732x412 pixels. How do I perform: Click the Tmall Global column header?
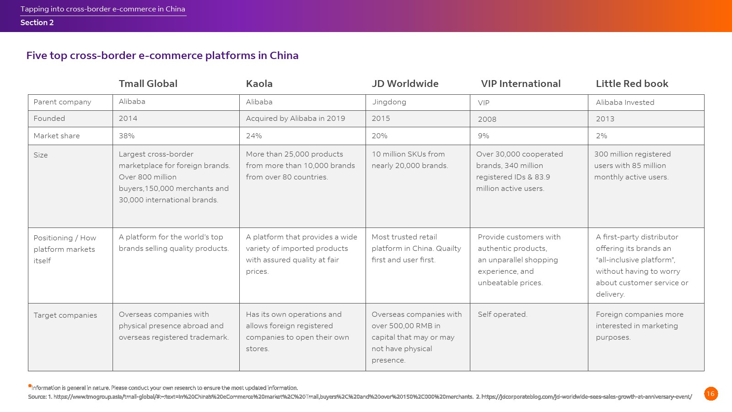[148, 84]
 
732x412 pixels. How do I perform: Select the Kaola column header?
[259, 84]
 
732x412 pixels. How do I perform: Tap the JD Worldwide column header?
[405, 84]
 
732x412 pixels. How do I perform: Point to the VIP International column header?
[521, 84]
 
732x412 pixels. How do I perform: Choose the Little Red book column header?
[632, 84]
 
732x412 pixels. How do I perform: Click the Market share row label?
[56, 136]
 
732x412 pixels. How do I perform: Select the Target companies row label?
[65, 315]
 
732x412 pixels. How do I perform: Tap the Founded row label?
[49, 119]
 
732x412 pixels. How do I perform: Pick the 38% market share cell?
[127, 136]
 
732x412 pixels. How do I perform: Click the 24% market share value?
[254, 136]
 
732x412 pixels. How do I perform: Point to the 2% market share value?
[601, 136]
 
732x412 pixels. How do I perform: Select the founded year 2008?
[487, 119]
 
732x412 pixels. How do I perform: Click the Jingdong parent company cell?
[389, 102]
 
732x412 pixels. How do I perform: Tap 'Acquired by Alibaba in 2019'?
[295, 119]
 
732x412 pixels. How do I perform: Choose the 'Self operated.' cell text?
[502, 314]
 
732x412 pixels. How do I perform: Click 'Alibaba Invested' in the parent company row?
[625, 103]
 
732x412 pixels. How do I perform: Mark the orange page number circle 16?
[710, 394]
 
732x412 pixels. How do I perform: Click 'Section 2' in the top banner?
[37, 23]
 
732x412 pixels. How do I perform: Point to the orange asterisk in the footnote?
[30, 386]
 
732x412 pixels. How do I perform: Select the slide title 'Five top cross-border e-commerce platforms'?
[162, 56]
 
